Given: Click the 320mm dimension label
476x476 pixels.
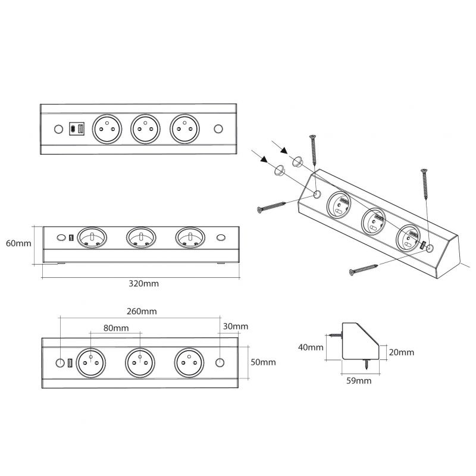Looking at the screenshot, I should pos(143,284).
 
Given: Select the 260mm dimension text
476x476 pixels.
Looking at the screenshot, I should pos(141,311).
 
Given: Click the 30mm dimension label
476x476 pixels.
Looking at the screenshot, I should pos(234,327).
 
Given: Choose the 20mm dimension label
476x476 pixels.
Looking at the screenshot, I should pos(401,352).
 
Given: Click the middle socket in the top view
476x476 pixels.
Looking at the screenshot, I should pos(145,128).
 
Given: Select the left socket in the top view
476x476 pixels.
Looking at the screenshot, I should pos(105,128).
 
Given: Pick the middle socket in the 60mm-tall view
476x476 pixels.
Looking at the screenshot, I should pos(141,239).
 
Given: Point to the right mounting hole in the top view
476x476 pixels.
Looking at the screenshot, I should pos(218,129).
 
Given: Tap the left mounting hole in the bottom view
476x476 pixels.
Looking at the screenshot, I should pos(59,362).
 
